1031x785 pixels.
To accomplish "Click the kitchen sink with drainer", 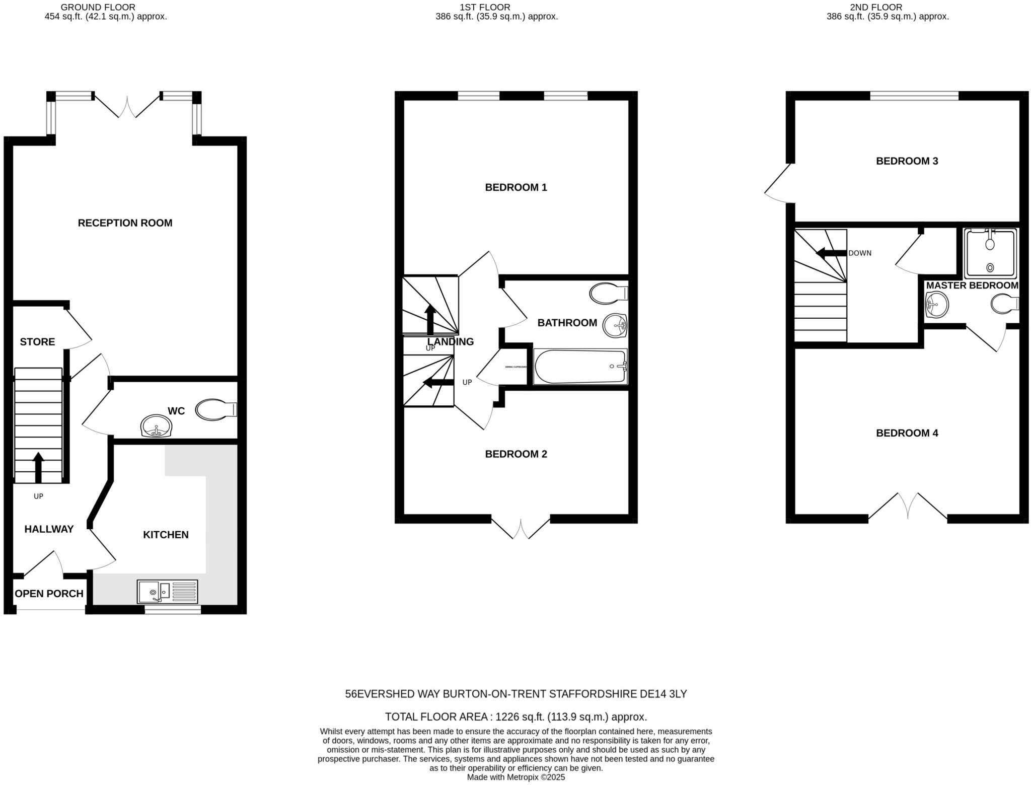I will [168, 591].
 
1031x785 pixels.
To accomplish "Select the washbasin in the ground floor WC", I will [157, 426].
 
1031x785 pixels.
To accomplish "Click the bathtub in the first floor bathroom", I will [580, 367].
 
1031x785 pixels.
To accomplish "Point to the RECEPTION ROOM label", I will [125, 223].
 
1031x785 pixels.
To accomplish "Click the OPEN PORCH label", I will [49, 594].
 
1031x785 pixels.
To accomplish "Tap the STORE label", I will [37, 342].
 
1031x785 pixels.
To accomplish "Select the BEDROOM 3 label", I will [907, 161].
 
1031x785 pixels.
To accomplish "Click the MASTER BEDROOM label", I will [972, 286].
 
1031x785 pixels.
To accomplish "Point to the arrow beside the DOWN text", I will [831, 253].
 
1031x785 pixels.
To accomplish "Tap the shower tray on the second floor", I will [990, 253].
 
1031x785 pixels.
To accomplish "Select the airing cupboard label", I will [515, 367].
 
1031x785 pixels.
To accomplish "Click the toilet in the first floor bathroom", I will [607, 294].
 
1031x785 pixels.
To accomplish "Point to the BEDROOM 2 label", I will [515, 454].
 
